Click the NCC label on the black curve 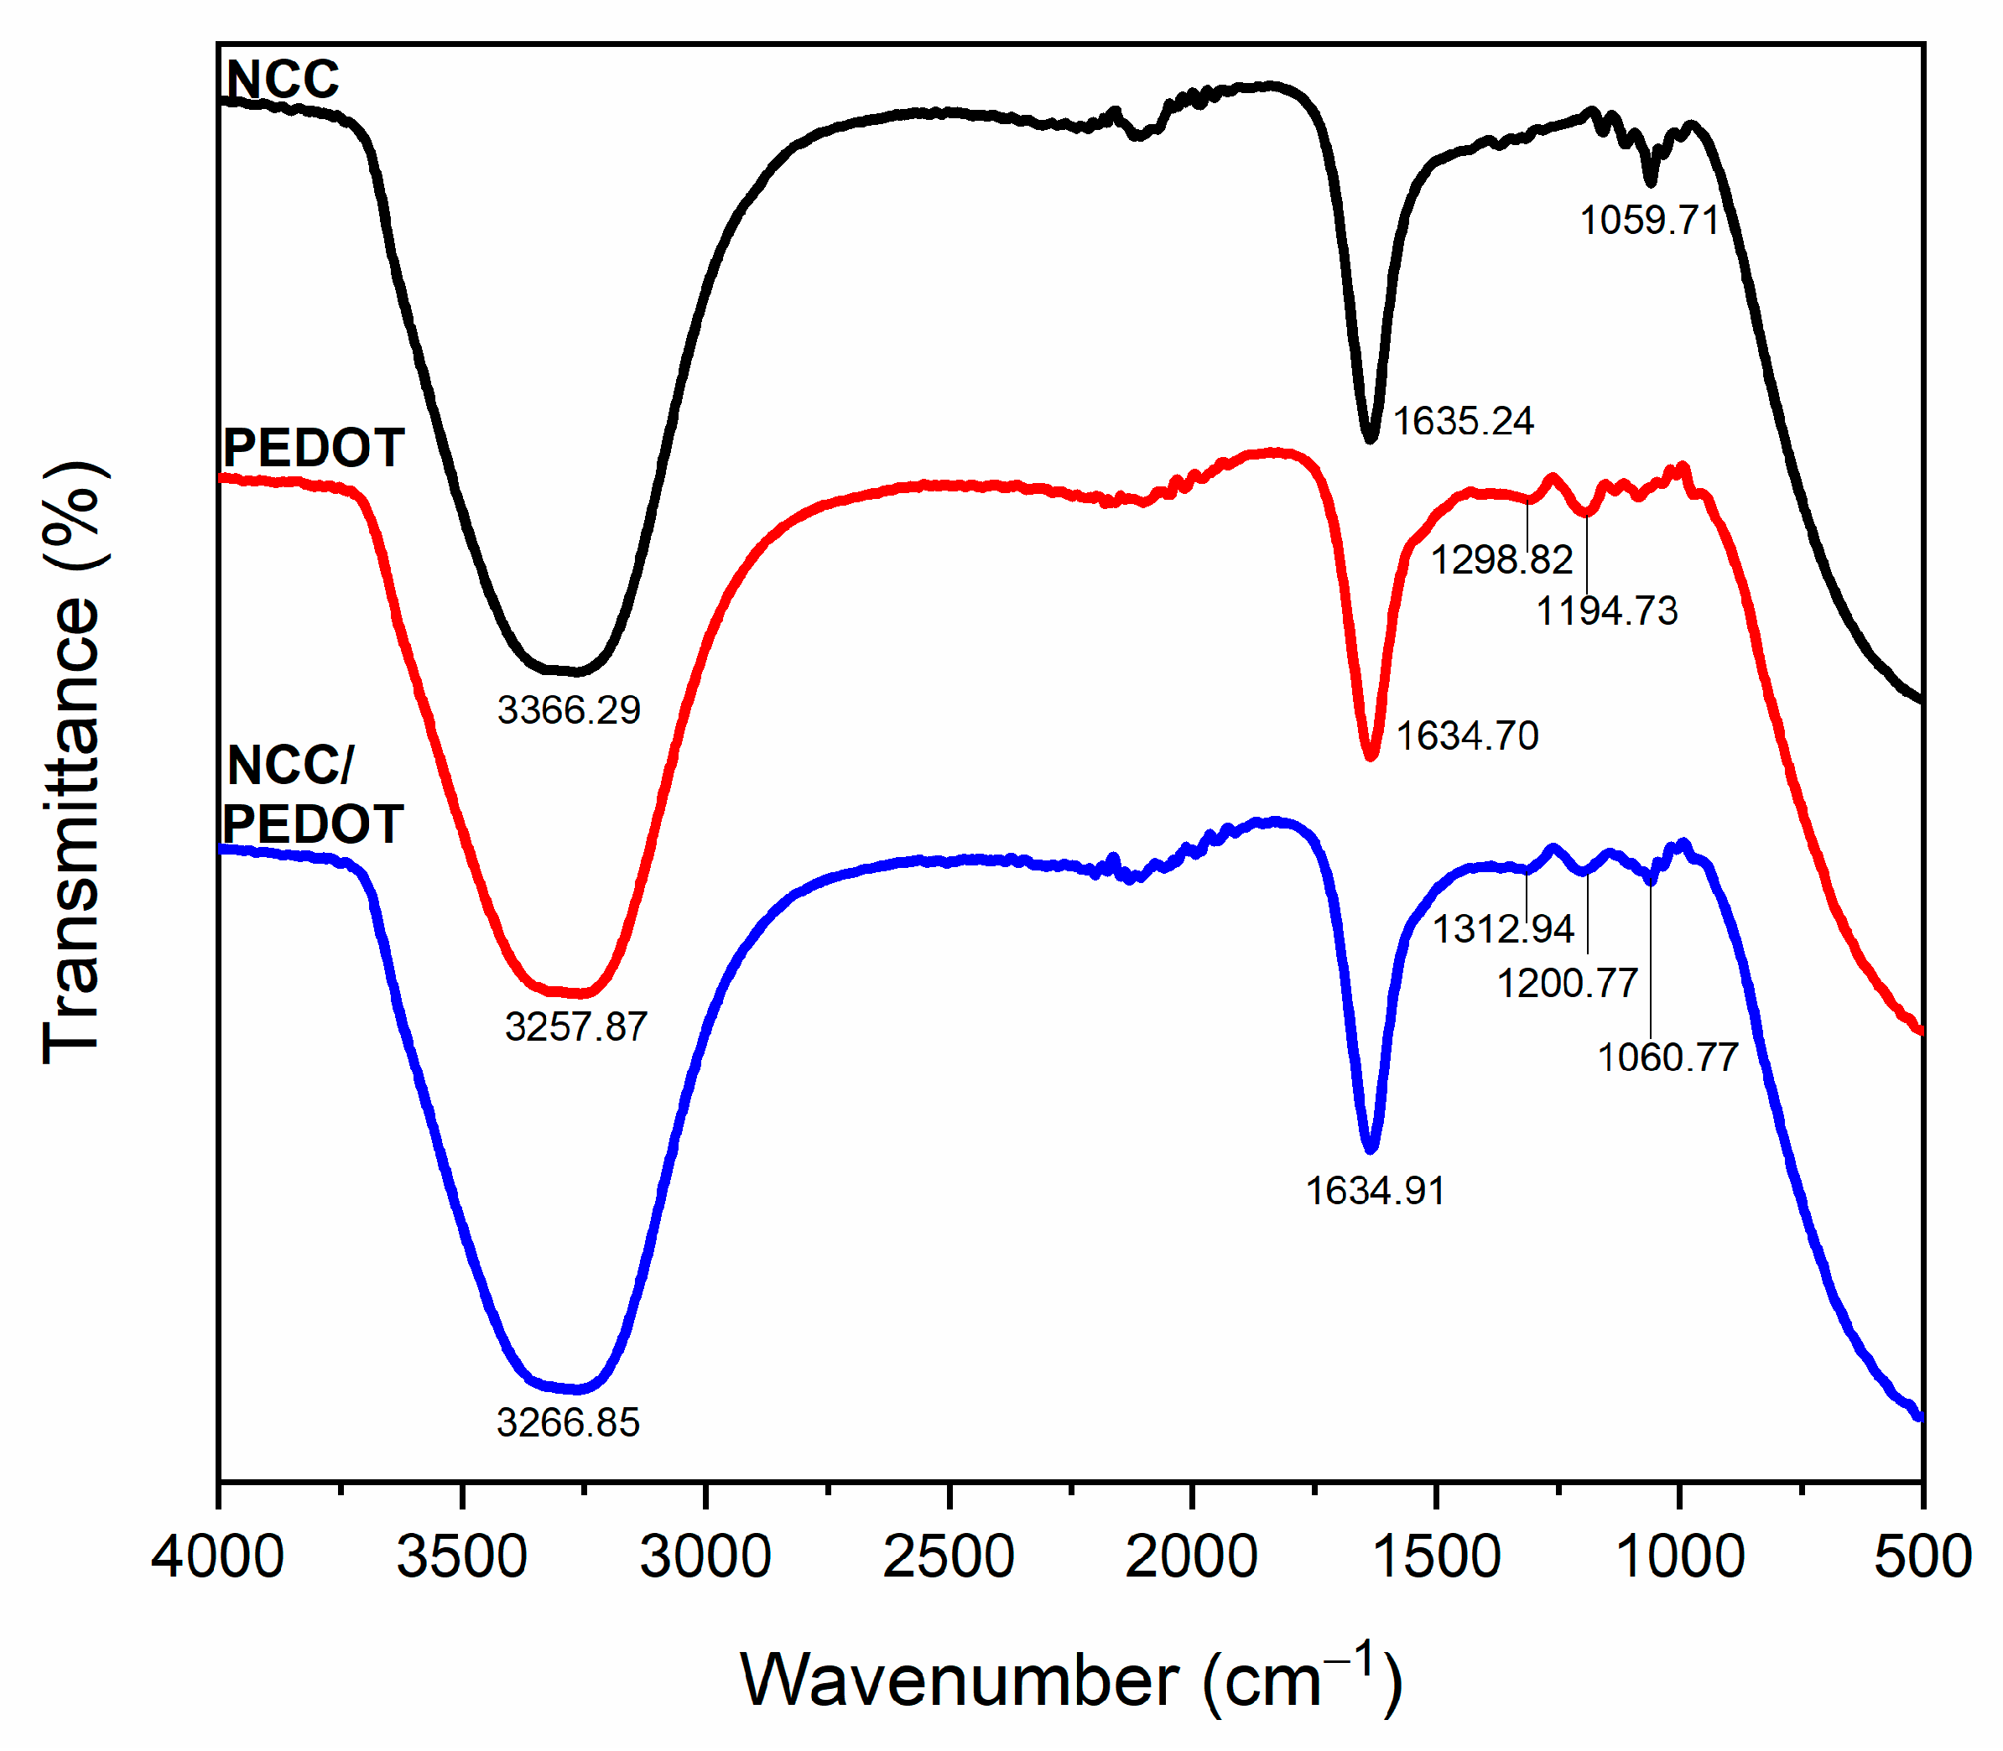click(283, 81)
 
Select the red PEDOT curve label click(313, 449)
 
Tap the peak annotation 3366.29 click(569, 710)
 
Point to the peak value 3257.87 click(575, 1027)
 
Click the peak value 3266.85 click(568, 1422)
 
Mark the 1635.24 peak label click(1463, 421)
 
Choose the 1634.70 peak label click(1466, 735)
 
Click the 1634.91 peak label click(1375, 1191)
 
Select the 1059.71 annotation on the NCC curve click(1649, 220)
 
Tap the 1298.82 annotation click(1501, 560)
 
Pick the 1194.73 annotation click(1606, 611)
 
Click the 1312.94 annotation click(1503, 928)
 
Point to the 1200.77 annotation click(1567, 983)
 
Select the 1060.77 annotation click(1667, 1057)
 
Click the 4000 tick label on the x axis click(217, 1556)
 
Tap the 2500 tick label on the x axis click(948, 1556)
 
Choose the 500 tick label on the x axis click(1922, 1556)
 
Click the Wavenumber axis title click(1071, 1680)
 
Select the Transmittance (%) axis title click(72, 762)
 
